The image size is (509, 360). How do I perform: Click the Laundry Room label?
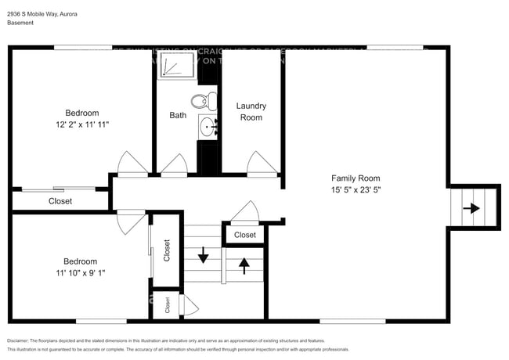tap(251, 111)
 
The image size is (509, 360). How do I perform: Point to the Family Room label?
tap(356, 178)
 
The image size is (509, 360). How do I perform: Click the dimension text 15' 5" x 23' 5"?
tap(356, 189)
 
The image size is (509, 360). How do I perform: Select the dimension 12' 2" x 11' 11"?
tap(81, 124)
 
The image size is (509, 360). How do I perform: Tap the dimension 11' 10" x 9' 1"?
tap(81, 273)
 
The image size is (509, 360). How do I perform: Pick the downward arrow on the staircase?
tap(203, 255)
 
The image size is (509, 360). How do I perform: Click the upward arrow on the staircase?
tap(244, 265)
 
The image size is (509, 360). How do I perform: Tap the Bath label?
tap(178, 115)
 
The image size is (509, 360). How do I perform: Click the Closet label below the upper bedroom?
tap(60, 201)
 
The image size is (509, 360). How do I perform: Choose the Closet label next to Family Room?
tap(244, 235)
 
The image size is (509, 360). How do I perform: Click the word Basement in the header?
tap(21, 23)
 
